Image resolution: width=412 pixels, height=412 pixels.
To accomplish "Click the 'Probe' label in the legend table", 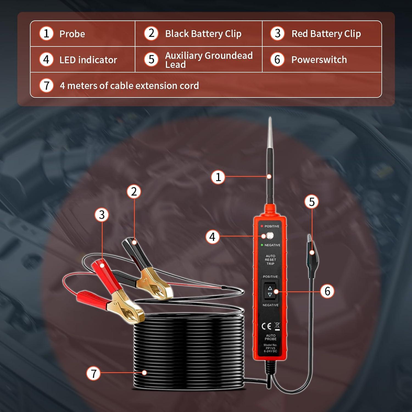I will [x=72, y=34].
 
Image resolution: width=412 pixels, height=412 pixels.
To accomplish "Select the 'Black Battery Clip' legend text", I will [x=203, y=34].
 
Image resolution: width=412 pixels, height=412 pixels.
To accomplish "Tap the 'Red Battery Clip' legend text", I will [x=326, y=34].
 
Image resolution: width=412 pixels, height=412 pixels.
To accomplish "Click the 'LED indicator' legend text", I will [x=88, y=60].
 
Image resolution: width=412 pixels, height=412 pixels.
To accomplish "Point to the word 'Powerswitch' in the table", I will [x=319, y=60].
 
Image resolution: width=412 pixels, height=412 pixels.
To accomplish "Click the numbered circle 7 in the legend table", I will [x=46, y=85].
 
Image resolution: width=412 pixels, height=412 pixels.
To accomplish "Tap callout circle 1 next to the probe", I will [x=218, y=177].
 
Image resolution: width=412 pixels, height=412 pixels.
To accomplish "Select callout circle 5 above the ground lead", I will [x=311, y=202].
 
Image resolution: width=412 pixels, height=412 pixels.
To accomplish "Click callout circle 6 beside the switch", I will [x=327, y=291].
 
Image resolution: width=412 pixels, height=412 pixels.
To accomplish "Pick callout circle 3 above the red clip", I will [x=102, y=215].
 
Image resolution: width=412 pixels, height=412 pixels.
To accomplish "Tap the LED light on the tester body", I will [x=269, y=236].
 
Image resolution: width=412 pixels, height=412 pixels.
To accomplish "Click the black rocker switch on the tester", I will [x=270, y=291].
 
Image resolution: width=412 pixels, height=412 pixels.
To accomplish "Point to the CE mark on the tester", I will [x=266, y=326].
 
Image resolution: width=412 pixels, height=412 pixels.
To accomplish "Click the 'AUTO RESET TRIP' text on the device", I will [x=270, y=260].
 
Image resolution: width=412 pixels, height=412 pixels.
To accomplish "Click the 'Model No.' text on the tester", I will [x=270, y=345].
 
